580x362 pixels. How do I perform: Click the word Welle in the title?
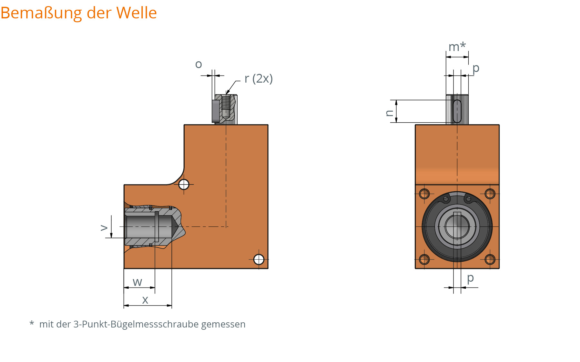(136, 13)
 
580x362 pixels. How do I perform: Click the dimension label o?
(198, 65)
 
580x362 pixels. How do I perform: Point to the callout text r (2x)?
(259, 78)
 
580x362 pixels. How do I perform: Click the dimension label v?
(104, 228)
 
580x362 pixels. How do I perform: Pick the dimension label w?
(137, 282)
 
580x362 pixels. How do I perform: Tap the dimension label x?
(145, 300)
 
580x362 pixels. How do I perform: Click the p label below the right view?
(470, 278)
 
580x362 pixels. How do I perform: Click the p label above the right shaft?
(476, 68)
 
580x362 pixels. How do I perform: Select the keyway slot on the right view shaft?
(457, 111)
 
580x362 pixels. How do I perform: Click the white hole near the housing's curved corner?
(184, 185)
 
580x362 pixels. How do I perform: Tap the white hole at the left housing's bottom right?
(259, 259)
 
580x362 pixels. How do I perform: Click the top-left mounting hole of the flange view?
(424, 194)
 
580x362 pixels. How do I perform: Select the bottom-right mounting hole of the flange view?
(490, 259)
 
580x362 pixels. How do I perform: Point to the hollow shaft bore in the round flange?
(457, 226)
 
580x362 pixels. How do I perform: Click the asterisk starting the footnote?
(32, 323)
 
